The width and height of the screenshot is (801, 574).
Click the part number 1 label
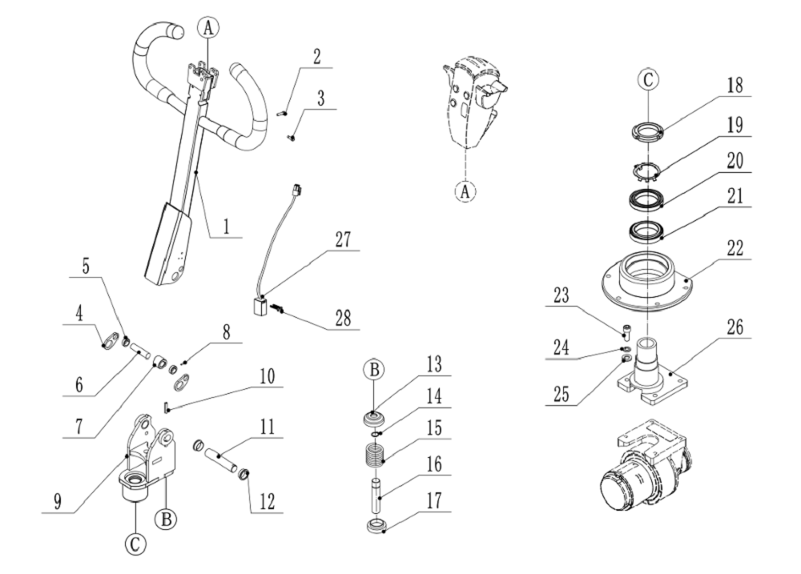click(x=226, y=227)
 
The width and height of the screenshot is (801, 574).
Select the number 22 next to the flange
click(x=733, y=248)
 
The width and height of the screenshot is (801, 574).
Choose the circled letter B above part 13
click(x=374, y=371)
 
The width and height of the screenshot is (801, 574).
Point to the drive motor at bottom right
click(x=641, y=472)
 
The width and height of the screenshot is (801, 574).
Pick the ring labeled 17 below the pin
click(x=376, y=527)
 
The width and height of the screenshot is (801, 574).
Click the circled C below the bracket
click(x=135, y=544)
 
